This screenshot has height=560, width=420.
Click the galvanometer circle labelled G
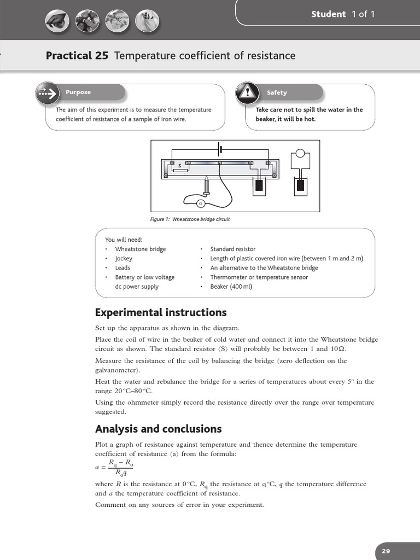[200, 204]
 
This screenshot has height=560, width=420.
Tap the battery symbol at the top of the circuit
[220, 149]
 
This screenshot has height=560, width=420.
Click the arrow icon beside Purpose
[48, 93]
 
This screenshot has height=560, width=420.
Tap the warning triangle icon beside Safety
[247, 93]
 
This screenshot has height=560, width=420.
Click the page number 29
[386, 551]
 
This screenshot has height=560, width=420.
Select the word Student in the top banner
[328, 14]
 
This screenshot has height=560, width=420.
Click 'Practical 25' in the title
[77, 55]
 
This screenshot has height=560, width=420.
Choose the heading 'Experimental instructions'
[161, 312]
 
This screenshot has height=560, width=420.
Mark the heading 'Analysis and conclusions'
[158, 429]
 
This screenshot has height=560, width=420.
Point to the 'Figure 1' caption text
[190, 219]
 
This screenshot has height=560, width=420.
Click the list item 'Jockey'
[124, 258]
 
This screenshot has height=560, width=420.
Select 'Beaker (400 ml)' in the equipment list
[231, 286]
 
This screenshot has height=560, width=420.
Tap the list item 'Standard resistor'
[232, 249]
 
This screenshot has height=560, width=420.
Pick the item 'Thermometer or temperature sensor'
[259, 277]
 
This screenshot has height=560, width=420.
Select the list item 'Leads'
[122, 267]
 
